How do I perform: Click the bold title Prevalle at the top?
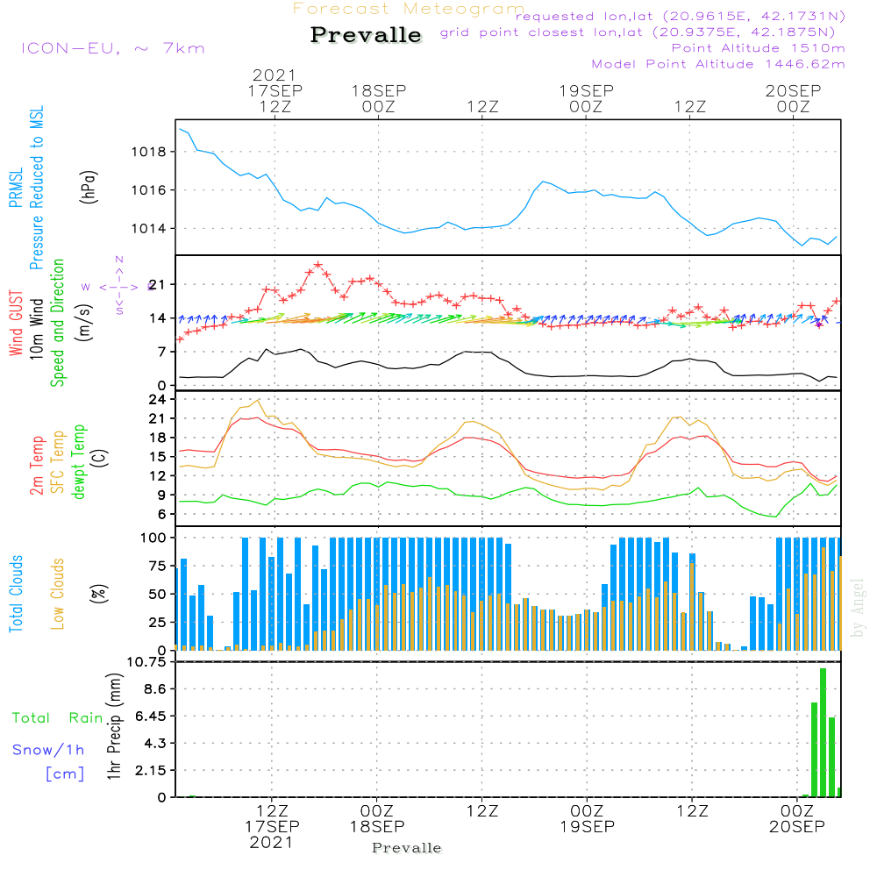point(366,36)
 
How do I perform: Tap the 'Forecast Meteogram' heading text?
point(409,10)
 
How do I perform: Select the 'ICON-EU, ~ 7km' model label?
point(112,48)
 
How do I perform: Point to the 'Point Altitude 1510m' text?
point(758,47)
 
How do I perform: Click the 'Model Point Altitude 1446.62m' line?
point(718,64)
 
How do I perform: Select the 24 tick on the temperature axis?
point(157,399)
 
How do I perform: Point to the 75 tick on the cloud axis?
point(157,566)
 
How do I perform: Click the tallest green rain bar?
point(823,732)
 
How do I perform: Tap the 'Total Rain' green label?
point(57,718)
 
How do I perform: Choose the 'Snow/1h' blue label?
point(49,751)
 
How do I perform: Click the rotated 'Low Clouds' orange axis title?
point(58,593)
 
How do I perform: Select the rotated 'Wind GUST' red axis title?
point(16,325)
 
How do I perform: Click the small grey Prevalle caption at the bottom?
point(407,848)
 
